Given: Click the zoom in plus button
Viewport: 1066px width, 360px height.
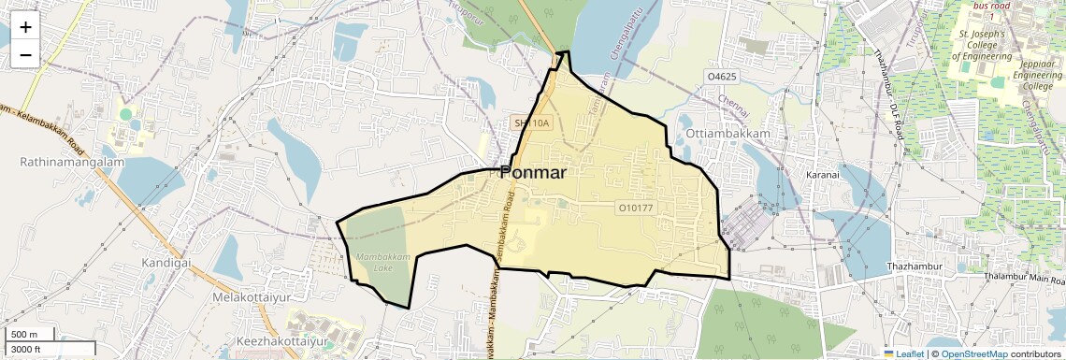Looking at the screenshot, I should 25,26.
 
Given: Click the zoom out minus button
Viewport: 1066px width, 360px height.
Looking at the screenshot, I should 25,54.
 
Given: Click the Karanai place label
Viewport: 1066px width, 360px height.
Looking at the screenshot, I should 826,174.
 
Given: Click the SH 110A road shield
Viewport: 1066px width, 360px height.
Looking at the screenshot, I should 532,122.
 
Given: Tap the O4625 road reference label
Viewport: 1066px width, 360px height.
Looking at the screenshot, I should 724,76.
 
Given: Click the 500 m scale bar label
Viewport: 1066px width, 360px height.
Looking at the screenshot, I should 23,335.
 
